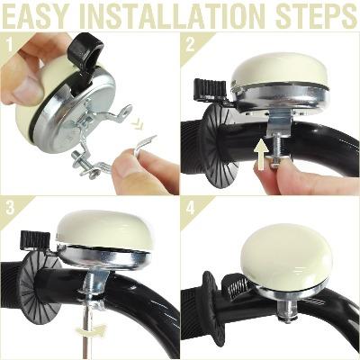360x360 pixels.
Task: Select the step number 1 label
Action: (x=10, y=45)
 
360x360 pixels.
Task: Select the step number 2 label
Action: (x=190, y=45)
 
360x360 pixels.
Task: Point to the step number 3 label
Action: (x=10, y=208)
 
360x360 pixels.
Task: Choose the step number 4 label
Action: (x=191, y=208)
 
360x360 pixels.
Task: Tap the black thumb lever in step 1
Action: (x=85, y=51)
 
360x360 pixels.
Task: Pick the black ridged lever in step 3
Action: (x=35, y=240)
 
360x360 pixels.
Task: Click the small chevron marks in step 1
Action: (x=138, y=123)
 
